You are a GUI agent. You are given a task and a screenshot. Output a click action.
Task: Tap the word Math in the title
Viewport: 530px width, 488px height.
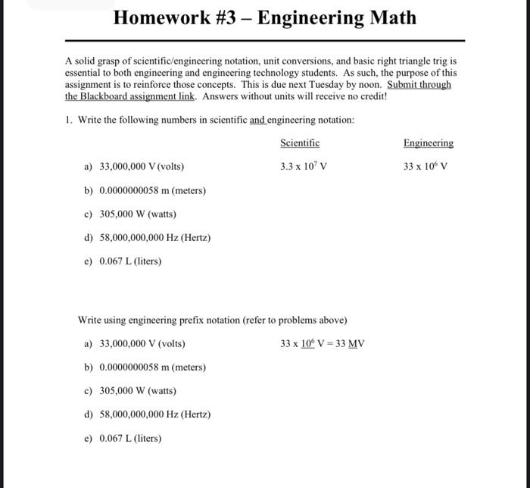point(391,17)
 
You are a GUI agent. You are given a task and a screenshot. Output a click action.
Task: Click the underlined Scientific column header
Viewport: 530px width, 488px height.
point(300,142)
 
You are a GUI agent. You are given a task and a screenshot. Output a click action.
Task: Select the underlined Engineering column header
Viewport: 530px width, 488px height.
point(429,142)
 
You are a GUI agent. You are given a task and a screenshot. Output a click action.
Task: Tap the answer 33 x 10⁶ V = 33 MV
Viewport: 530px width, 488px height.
point(323,343)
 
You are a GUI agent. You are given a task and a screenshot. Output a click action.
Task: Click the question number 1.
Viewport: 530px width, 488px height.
point(69,120)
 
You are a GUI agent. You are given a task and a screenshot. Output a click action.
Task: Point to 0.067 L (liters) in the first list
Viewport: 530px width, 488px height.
point(130,261)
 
